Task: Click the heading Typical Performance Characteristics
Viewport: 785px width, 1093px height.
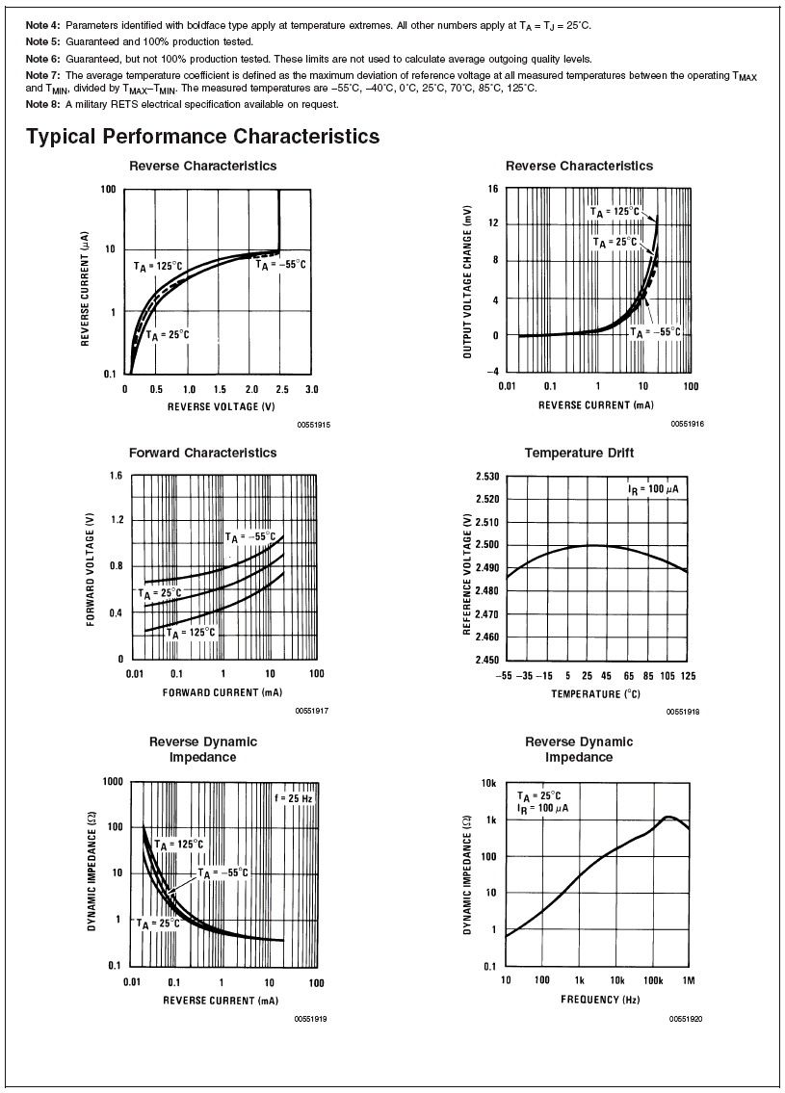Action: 202,137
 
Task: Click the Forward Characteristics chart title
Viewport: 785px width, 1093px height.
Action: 202,453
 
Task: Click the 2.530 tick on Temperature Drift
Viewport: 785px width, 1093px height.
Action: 486,477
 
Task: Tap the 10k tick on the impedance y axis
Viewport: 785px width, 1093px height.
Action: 488,784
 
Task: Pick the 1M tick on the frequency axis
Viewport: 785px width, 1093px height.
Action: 689,980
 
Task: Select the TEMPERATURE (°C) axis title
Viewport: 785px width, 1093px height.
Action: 595,693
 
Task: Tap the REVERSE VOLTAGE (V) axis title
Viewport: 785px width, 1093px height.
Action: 214,406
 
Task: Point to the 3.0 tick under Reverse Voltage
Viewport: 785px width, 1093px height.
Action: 310,389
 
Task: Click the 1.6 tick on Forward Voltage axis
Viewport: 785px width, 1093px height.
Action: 115,477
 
